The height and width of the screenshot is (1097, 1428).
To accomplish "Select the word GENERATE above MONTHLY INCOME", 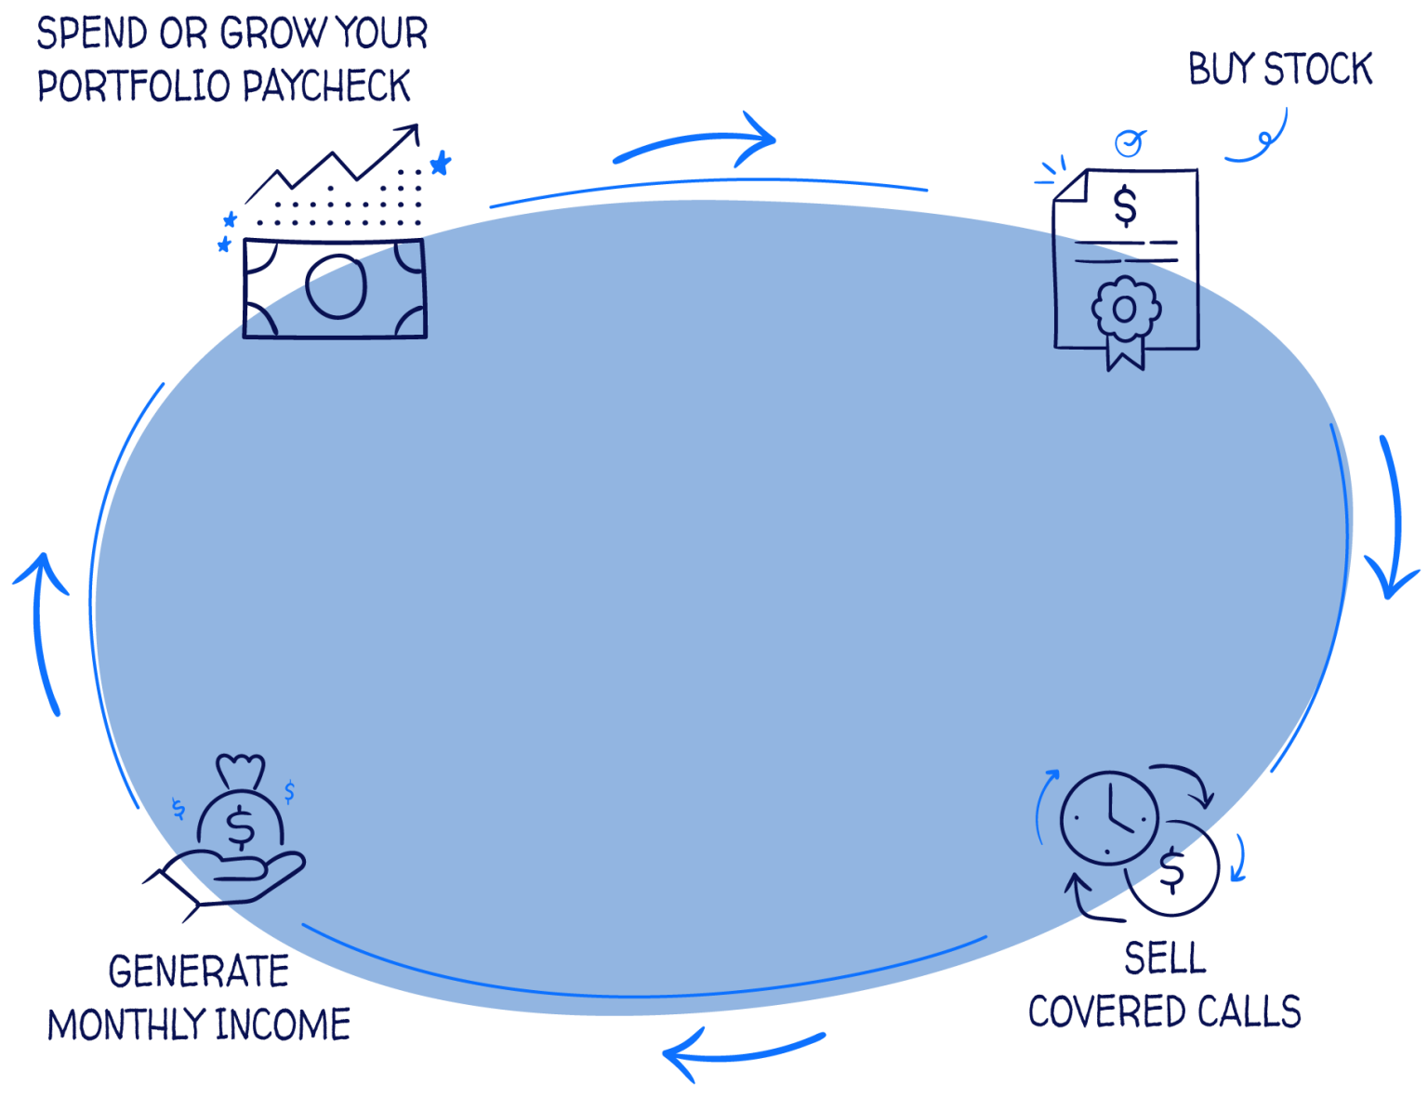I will click(x=198, y=972).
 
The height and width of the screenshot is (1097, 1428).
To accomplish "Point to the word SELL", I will click(x=1164, y=958).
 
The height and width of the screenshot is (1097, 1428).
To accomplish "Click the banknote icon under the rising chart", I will click(x=335, y=287).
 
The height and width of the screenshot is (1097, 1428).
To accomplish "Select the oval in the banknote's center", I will click(x=336, y=286).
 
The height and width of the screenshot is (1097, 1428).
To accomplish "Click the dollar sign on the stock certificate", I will click(x=1125, y=205).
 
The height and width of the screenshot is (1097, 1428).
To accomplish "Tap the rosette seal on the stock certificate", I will click(x=1125, y=310).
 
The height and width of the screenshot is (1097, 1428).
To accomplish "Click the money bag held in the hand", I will click(x=240, y=818).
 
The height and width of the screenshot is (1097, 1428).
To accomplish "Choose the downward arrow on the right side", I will click(x=1392, y=521).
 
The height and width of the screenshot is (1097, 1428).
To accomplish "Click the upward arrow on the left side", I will click(x=43, y=632).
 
